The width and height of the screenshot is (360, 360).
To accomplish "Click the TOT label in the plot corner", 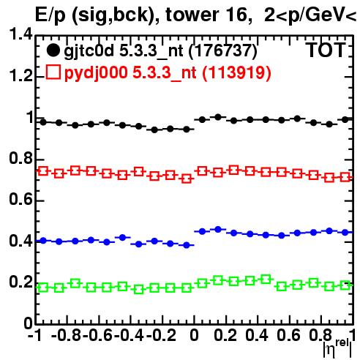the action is [x=326, y=50].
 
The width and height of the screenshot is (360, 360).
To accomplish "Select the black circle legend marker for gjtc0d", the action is [x=53, y=50].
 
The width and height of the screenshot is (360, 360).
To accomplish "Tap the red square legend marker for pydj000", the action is [x=53, y=72].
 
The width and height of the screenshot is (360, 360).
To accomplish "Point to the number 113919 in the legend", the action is [x=237, y=72].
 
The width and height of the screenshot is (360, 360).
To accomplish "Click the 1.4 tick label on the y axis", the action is [x=20, y=34].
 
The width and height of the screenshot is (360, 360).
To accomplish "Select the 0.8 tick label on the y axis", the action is [x=20, y=159].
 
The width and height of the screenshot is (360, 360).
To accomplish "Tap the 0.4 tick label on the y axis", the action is [x=20, y=241].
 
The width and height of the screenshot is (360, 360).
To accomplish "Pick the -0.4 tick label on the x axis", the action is [x=129, y=335].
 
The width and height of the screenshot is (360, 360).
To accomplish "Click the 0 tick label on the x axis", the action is [x=194, y=335].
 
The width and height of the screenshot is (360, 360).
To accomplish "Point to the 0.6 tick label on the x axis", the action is [x=288, y=335].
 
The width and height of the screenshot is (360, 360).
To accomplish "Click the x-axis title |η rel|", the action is [x=337, y=348].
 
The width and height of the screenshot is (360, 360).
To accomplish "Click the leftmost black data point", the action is [x=43, y=122].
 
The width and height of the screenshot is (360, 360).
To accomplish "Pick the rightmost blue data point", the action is [x=345, y=233].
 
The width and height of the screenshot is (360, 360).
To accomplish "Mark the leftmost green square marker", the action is [x=43, y=288].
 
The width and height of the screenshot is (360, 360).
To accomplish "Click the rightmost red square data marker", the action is [x=345, y=177].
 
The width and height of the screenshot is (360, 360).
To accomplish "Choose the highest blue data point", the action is [x=218, y=229].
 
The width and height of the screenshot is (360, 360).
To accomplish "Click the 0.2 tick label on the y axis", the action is [x=20, y=282].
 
